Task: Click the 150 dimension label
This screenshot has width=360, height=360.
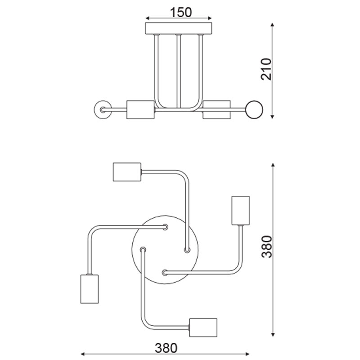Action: pyautogui.click(x=180, y=13)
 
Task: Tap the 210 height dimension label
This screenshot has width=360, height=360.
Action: pyautogui.click(x=266, y=69)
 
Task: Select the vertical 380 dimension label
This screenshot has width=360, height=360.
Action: pyautogui.click(x=267, y=246)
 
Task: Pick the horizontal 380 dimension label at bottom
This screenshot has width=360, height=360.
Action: pyautogui.click(x=166, y=348)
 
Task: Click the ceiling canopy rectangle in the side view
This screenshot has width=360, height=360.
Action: pyautogui.click(x=179, y=28)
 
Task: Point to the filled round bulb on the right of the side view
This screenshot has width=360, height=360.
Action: pyautogui.click(x=254, y=109)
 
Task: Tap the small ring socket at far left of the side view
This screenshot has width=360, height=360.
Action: pyautogui.click(x=103, y=109)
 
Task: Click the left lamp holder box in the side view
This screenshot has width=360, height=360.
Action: pyautogui.click(x=140, y=109)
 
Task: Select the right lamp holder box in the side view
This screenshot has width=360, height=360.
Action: pyautogui.click(x=216, y=109)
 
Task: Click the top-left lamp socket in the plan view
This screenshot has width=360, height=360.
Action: pyautogui.click(x=127, y=172)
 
